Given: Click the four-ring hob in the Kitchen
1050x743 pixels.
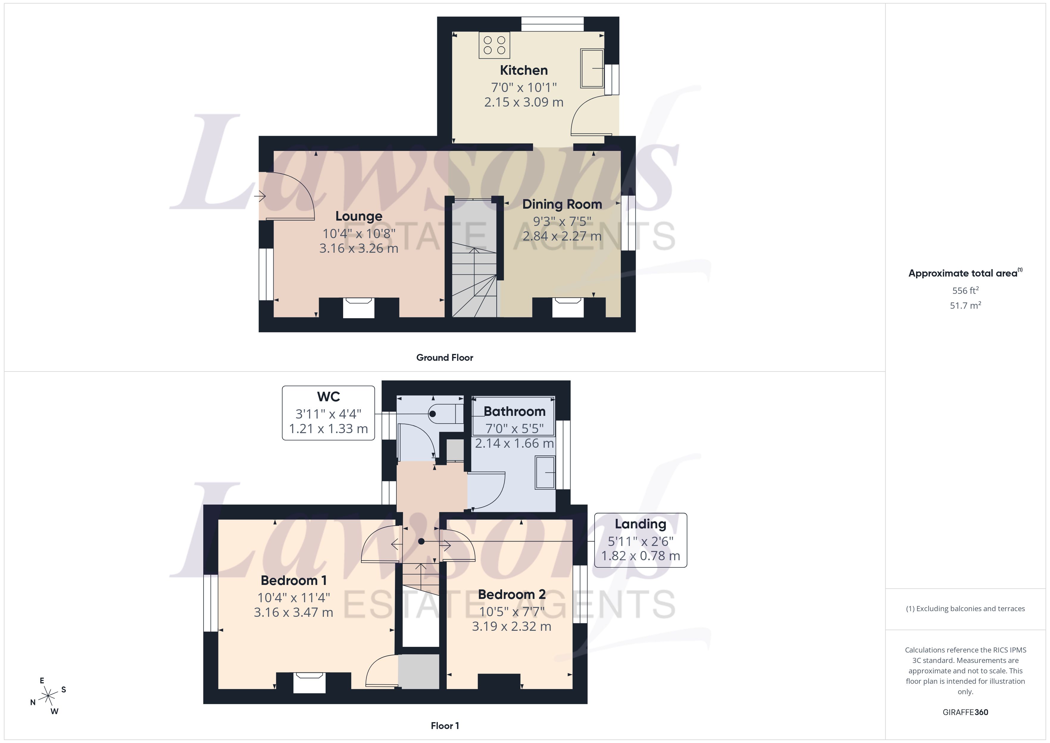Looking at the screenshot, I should coord(494,45).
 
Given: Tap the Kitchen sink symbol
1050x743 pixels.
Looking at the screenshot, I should coord(592,68).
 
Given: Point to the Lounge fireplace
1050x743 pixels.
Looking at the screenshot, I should coord(359,307).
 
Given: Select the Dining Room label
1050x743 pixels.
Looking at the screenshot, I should coord(562,204).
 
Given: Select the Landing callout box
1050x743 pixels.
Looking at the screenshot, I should coord(640,540).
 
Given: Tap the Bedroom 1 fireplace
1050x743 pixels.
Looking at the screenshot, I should coord(309,682).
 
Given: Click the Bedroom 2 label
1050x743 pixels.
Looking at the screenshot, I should coord(512,594).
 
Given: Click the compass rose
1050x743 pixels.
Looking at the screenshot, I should coord(48,696).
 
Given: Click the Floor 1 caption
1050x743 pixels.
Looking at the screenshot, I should coord(445,726).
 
